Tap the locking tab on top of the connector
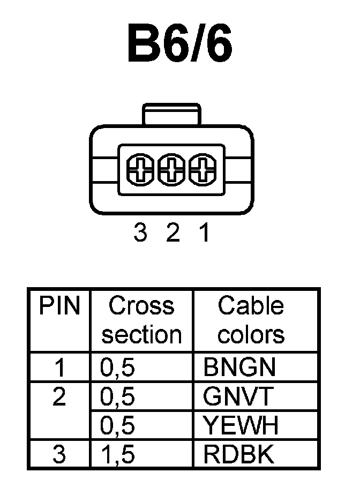click(x=171, y=115)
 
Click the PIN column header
click(x=59, y=306)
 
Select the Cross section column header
click(x=141, y=320)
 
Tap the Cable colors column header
click(x=251, y=320)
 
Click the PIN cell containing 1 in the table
click(x=59, y=367)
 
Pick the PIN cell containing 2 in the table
click(x=59, y=397)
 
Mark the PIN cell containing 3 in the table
click(x=59, y=455)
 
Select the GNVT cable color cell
click(x=239, y=397)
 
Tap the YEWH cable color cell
click(x=241, y=426)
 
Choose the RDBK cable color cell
click(x=239, y=455)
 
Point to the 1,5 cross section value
click(x=117, y=455)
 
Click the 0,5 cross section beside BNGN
click(x=117, y=367)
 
